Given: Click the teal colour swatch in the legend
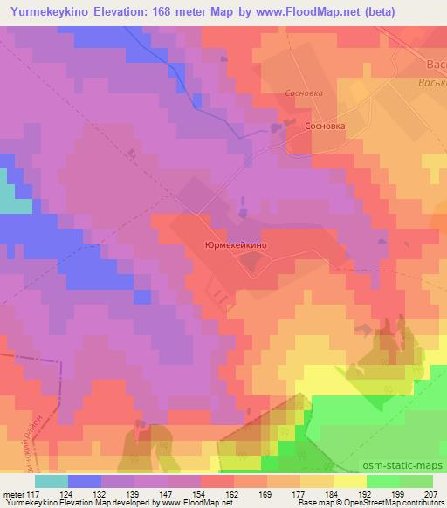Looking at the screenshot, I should point(52,481).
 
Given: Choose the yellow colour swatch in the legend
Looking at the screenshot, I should point(350,481).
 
